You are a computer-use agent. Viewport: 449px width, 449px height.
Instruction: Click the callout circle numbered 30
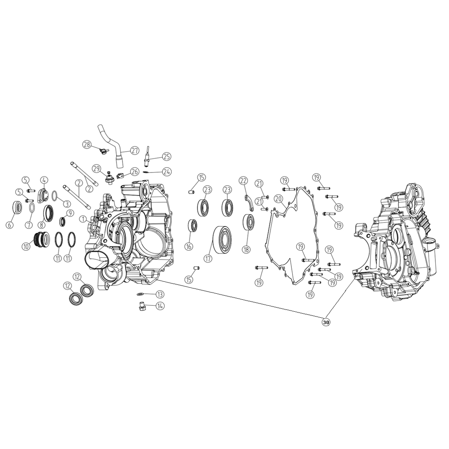[326, 322]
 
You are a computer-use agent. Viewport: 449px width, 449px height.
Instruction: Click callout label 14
[160, 306]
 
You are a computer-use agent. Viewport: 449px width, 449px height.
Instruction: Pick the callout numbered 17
[208, 259]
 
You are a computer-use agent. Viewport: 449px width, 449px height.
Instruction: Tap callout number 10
[26, 246]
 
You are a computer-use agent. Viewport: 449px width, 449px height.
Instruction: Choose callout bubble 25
[166, 156]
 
